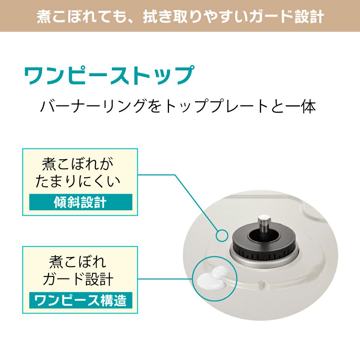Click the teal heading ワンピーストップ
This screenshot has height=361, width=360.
pyautogui.click(x=109, y=75)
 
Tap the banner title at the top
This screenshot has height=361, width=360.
pyautogui.click(x=180, y=16)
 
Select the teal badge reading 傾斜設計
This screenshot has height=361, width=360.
pyautogui.click(x=81, y=202)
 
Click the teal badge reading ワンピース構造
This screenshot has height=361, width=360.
pyautogui.click(x=81, y=300)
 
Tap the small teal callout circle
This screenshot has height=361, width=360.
pyautogui.click(x=222, y=235)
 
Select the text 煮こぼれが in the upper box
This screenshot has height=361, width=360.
pyautogui.click(x=78, y=164)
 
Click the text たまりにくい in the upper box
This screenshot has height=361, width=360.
pyautogui.click(x=78, y=181)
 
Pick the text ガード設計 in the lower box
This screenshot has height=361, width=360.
pyautogui.click(x=78, y=279)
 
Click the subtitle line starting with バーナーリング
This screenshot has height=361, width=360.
pyautogui.click(x=178, y=106)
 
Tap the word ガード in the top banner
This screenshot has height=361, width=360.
pyautogui.click(x=267, y=17)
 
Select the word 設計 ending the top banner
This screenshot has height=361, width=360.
pyautogui.click(x=309, y=17)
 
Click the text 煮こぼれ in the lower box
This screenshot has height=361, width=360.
pyautogui.click(x=78, y=262)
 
